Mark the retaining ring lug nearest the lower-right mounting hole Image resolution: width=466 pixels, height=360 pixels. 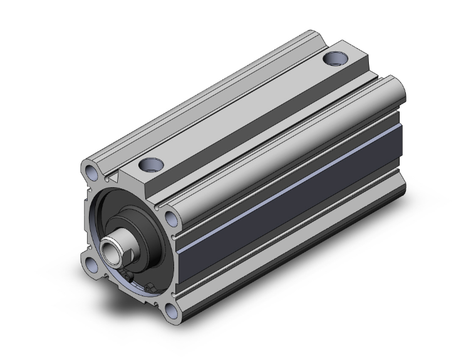[x=153, y=287]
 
